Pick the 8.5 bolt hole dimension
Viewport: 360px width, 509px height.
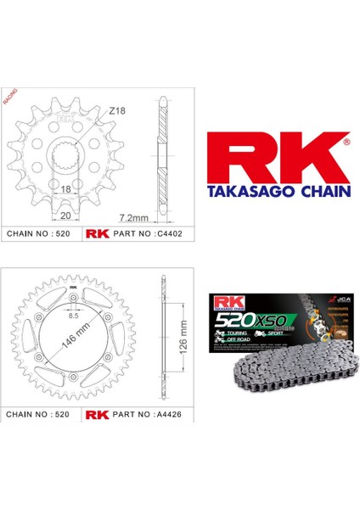pos(75,315)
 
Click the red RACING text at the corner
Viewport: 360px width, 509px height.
pos(11,93)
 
